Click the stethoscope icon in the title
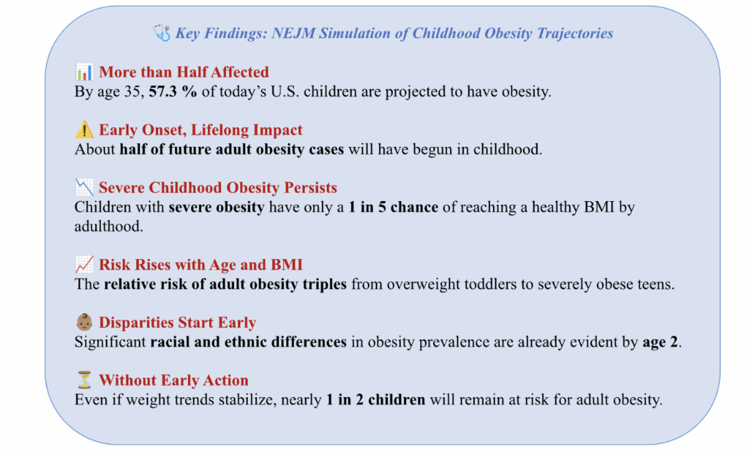tap(162, 33)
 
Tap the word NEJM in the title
tap(293, 33)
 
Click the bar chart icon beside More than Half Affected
tap(84, 72)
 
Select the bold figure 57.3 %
tap(173, 92)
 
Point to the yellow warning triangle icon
tap(84, 129)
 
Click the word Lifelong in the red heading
tap(220, 129)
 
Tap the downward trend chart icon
tap(84, 187)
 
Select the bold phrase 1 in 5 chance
tap(393, 207)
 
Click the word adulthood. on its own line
tap(109, 227)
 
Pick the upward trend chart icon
tap(84, 265)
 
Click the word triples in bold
tap(324, 284)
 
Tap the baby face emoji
tap(84, 323)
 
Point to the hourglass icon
tap(84, 380)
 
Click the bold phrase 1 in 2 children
tap(376, 400)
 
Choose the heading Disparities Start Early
tap(177, 323)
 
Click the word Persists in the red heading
tap(311, 187)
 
